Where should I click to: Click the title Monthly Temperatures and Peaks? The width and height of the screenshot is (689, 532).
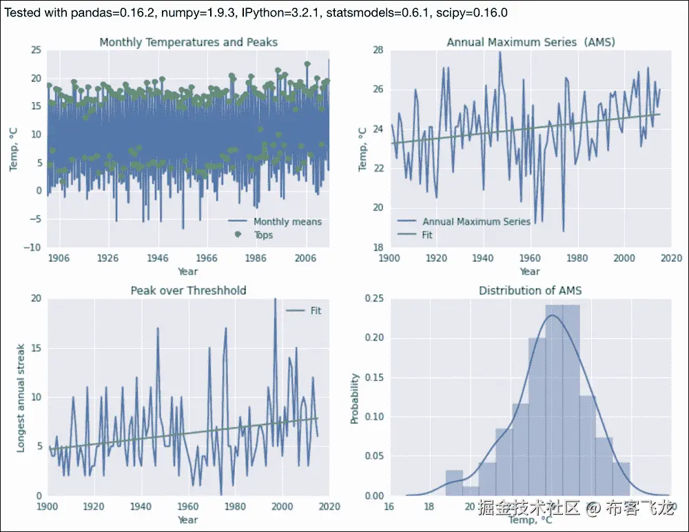[x=188, y=42]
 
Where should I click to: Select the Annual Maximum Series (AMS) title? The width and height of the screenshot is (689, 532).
[x=531, y=42]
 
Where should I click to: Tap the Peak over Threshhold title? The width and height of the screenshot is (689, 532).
[x=188, y=290]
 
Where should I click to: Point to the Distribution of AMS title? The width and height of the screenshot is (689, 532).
[x=531, y=290]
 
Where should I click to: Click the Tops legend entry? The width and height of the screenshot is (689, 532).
[x=263, y=235]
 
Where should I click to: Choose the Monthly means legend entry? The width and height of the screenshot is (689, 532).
[x=287, y=222]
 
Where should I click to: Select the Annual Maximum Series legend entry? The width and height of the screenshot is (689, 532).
[x=476, y=222]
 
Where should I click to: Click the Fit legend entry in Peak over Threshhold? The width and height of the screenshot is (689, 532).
[x=315, y=311]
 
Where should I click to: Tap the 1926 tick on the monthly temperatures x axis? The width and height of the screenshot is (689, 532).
[x=107, y=257]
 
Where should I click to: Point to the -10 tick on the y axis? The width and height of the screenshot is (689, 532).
[x=32, y=247]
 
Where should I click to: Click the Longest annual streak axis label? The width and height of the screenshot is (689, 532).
[x=21, y=398]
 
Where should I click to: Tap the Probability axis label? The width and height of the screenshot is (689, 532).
[x=355, y=398]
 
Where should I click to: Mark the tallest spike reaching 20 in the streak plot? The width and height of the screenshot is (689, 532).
[x=275, y=300]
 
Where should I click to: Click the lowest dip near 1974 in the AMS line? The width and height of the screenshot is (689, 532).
[x=563, y=230]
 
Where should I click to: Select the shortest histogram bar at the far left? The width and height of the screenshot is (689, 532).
[x=471, y=491]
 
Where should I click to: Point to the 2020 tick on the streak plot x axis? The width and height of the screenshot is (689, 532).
[x=328, y=506]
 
